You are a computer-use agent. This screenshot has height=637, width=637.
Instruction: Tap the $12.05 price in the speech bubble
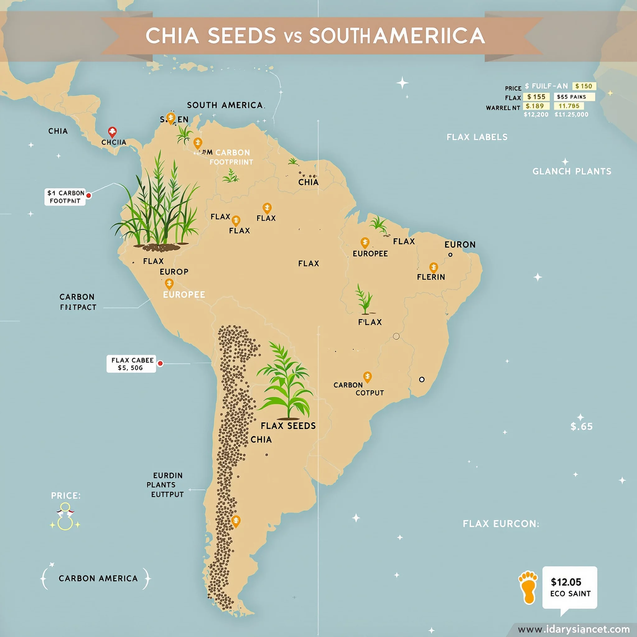(x=566, y=582)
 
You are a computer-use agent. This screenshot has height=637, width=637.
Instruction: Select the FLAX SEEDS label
(x=288, y=426)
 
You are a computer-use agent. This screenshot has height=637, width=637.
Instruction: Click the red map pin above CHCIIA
(x=112, y=132)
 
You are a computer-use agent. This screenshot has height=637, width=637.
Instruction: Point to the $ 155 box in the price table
(x=536, y=97)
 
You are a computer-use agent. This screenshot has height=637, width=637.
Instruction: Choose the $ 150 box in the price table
(x=584, y=86)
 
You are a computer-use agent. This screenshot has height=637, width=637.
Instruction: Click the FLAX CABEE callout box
(x=131, y=364)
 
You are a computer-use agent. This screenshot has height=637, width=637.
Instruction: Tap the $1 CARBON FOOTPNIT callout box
(x=65, y=197)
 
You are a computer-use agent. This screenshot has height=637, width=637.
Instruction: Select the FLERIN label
(x=431, y=277)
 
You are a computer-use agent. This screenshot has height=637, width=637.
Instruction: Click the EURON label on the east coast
(x=460, y=245)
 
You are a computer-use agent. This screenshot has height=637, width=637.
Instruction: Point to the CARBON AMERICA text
(x=98, y=578)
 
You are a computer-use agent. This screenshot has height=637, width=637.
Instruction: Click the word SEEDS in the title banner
(x=242, y=35)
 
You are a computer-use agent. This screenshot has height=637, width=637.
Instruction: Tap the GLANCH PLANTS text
(x=572, y=171)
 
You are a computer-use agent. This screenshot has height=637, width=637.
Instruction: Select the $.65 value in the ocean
(x=582, y=426)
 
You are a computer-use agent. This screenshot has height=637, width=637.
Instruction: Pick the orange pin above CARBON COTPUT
(x=367, y=377)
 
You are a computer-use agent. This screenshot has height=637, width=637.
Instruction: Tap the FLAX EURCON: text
(x=501, y=523)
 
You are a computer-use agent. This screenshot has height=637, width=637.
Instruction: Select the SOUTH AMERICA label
(x=225, y=105)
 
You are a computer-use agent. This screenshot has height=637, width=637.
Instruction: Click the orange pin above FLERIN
(x=434, y=267)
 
